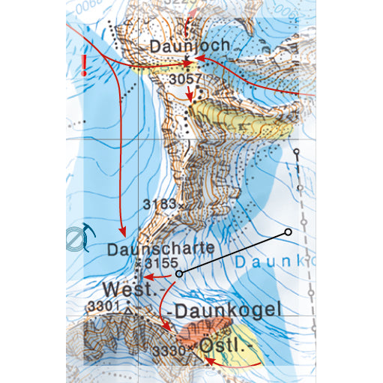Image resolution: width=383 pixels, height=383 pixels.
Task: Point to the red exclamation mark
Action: [x=86, y=65]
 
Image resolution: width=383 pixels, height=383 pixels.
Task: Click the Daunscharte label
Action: [x=161, y=247]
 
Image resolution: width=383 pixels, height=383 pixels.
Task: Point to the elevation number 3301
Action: [x=103, y=306]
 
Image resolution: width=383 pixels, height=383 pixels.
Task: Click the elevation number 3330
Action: [x=168, y=350]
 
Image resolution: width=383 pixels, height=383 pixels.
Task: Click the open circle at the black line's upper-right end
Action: [x=288, y=232]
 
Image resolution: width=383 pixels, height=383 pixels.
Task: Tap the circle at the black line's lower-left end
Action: [x=178, y=274]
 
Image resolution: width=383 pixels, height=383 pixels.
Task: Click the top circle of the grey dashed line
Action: [x=297, y=153]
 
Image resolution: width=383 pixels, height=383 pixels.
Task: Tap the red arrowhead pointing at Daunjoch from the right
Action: [x=199, y=58]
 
